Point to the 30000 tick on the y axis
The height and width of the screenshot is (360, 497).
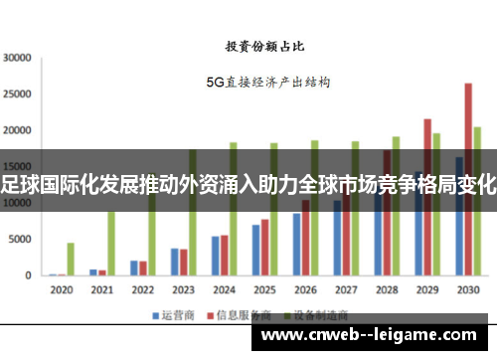(19, 57)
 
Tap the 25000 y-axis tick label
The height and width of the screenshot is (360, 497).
(19, 93)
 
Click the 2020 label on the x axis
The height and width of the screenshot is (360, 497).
(62, 290)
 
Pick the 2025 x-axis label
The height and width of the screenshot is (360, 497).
(263, 290)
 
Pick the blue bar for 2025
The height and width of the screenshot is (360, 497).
(254, 250)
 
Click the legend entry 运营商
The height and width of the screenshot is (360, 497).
(170, 314)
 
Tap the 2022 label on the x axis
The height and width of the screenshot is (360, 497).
(142, 290)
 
